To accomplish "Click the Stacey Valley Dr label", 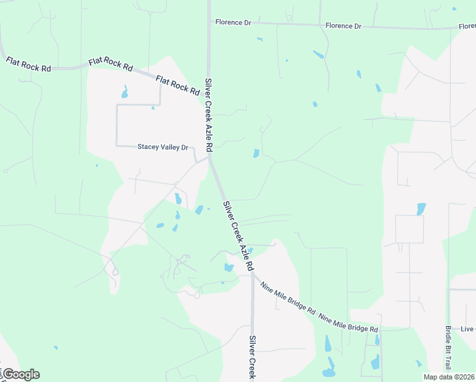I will [163, 147].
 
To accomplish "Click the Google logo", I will [21, 374].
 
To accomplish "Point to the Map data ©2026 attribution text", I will [449, 377].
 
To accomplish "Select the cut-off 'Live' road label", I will [468, 329].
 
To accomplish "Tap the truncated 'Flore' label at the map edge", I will [466, 27].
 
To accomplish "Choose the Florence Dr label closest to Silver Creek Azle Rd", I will [233, 22].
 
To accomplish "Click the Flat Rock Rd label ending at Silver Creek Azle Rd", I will [178, 85].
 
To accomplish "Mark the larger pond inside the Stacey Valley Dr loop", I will [125, 92].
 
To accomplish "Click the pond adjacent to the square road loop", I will [420, 208].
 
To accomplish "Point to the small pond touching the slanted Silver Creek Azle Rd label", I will [250, 250].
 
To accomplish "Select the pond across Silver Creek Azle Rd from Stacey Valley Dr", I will [256, 153].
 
